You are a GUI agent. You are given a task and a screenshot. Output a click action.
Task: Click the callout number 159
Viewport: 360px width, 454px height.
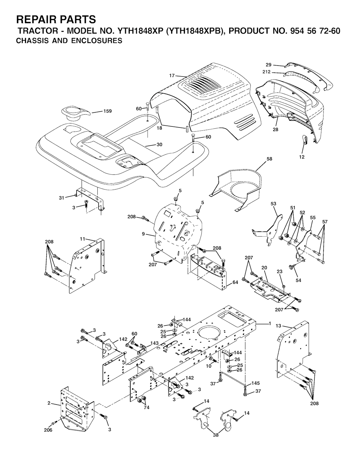point(108,111)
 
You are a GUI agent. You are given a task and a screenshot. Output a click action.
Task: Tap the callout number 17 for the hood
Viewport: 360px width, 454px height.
point(172,76)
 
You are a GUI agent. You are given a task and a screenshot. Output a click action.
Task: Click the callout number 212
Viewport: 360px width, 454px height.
point(266,72)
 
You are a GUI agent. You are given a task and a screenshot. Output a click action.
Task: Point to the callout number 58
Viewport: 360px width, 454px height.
point(270,159)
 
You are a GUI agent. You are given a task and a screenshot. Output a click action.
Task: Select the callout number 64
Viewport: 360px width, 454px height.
point(235,282)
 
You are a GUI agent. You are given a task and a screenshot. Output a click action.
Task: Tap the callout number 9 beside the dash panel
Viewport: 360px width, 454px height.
point(143,234)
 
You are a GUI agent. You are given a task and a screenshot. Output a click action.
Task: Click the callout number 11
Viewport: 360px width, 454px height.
point(82,239)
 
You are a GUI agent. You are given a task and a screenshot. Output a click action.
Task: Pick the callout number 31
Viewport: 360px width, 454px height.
point(62,198)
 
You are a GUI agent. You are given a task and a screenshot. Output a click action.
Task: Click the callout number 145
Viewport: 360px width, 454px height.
point(256,383)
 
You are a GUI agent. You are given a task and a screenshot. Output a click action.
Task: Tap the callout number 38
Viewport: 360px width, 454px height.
point(216,435)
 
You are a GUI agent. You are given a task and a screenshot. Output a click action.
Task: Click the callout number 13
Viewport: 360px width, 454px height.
point(278,326)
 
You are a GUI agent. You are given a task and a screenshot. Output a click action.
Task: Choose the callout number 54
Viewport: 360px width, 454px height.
point(298,280)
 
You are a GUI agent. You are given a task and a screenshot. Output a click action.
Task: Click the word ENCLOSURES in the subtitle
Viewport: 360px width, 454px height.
point(97,40)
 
